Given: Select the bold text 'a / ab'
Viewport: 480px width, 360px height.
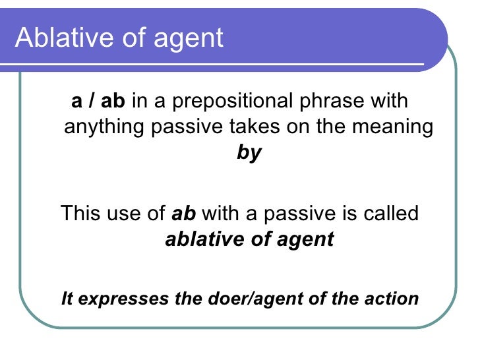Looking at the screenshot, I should (98, 102).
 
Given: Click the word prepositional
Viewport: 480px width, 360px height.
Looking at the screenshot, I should (245, 102).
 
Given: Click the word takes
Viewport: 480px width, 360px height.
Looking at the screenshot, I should (254, 127).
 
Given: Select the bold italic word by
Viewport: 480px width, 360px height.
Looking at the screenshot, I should (249, 153).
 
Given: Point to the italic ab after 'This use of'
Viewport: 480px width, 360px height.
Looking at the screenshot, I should (184, 214).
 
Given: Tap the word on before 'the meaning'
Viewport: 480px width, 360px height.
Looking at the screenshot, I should (293, 127).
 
